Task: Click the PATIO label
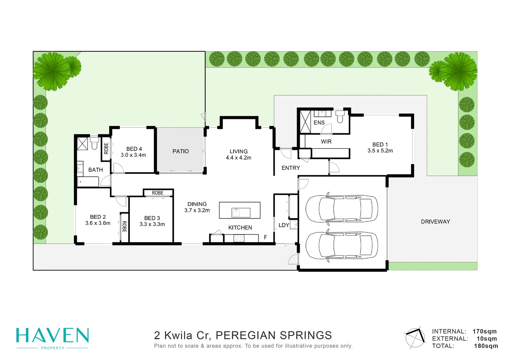(181, 151)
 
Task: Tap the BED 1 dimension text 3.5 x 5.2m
(380, 151)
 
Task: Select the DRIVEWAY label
(435, 222)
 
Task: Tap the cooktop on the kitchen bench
(239, 238)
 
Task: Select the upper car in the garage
(342, 209)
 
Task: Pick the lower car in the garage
(342, 245)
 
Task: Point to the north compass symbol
(415, 337)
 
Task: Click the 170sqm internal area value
(484, 331)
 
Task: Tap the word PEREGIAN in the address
(245, 335)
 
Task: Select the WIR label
(326, 142)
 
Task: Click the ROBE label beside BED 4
(106, 148)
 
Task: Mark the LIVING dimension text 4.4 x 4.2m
(239, 158)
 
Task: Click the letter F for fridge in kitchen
(265, 237)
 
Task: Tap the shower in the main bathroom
(82, 143)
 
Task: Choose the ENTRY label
(291, 168)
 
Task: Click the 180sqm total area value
(486, 346)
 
